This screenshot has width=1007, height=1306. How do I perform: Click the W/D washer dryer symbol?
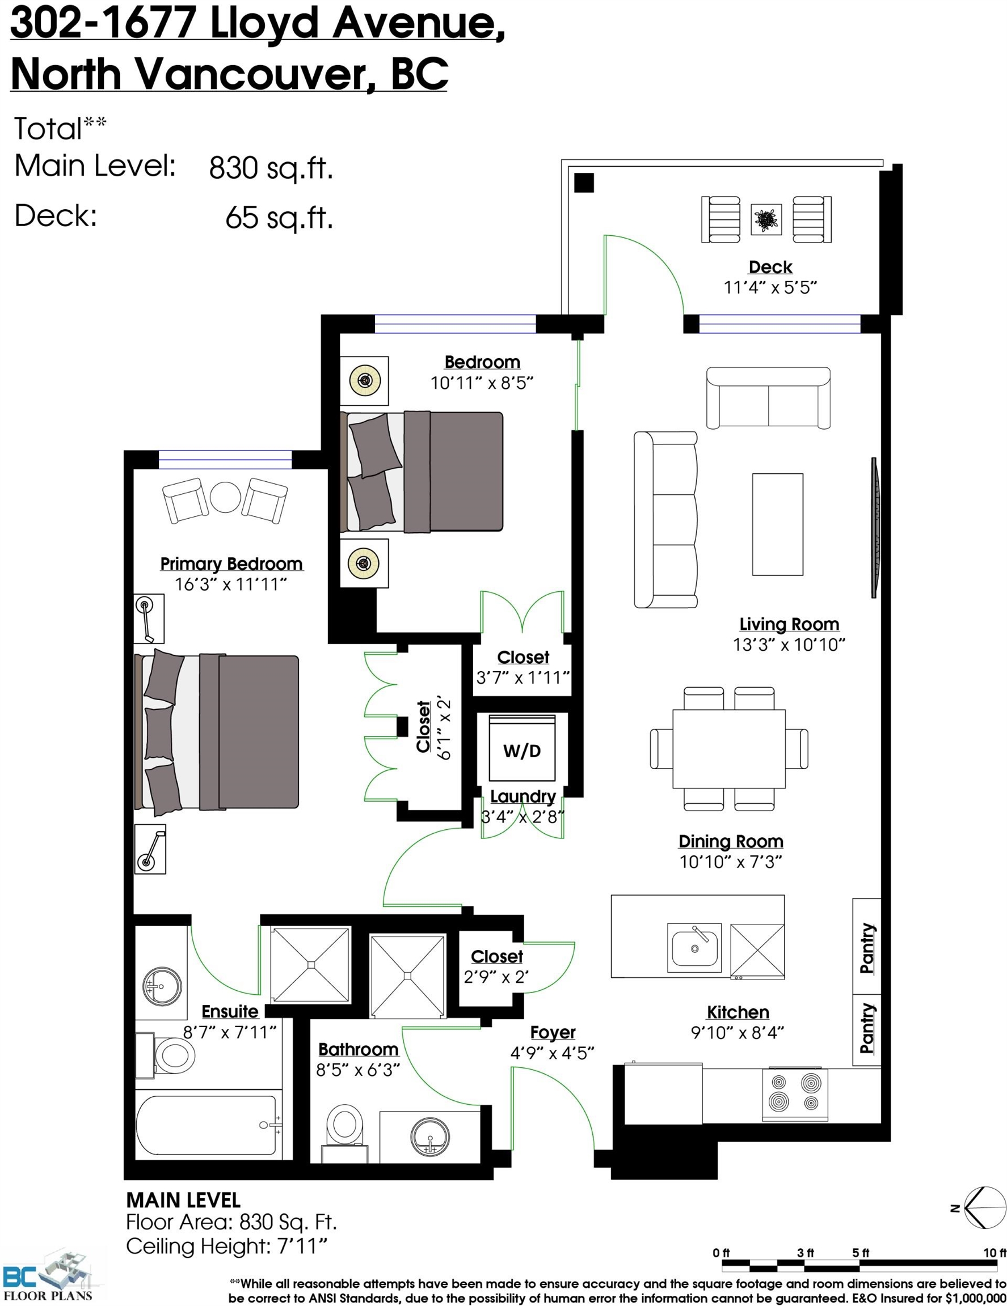click(522, 748)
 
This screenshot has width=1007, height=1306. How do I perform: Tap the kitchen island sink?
click(694, 945)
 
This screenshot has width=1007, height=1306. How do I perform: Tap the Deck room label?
click(770, 267)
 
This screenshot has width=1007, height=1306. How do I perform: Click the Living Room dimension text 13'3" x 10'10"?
click(789, 644)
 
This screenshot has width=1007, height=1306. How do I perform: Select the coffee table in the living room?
click(777, 524)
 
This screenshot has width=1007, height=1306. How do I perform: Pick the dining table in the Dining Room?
click(729, 749)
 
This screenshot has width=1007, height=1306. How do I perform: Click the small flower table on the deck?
click(766, 219)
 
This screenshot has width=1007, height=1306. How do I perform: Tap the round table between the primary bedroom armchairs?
click(225, 497)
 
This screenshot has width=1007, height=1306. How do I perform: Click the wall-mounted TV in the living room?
click(875, 527)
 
